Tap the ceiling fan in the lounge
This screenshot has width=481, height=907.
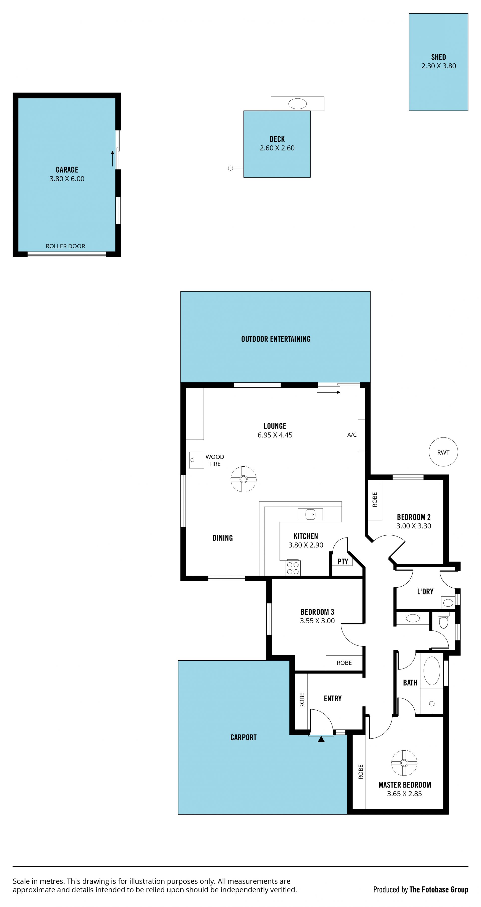coord(243,479)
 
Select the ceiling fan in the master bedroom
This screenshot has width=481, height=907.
coord(404,763)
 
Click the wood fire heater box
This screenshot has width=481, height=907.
coord(196,460)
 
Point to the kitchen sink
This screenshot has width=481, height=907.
coord(310,514)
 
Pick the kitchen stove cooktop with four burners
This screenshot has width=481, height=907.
coord(293,568)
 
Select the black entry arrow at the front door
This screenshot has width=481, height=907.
coord(321,739)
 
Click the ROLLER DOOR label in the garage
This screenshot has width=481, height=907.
coord(65,246)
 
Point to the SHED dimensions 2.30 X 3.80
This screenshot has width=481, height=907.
coord(439,66)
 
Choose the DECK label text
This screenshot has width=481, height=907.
coord(277,139)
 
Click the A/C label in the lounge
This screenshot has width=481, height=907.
coord(352,435)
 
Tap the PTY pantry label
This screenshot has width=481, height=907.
coord(343,562)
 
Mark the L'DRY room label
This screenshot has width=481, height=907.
coord(425,592)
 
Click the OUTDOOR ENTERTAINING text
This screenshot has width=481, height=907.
coord(276,339)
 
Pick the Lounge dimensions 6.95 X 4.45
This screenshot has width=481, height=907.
coord(275,435)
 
